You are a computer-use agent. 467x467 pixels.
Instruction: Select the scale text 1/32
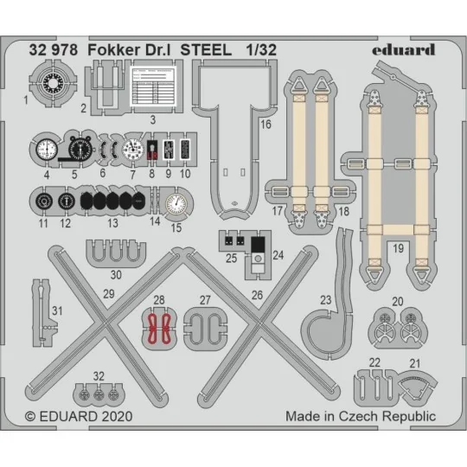[x=262, y=50]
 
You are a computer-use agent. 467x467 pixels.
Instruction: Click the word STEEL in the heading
[x=206, y=50]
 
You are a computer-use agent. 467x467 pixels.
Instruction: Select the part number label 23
[x=327, y=300]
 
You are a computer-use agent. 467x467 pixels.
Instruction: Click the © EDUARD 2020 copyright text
[x=80, y=416]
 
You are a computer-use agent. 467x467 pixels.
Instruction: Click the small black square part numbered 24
[x=259, y=245]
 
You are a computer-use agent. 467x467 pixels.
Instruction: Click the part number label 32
[x=99, y=376]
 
